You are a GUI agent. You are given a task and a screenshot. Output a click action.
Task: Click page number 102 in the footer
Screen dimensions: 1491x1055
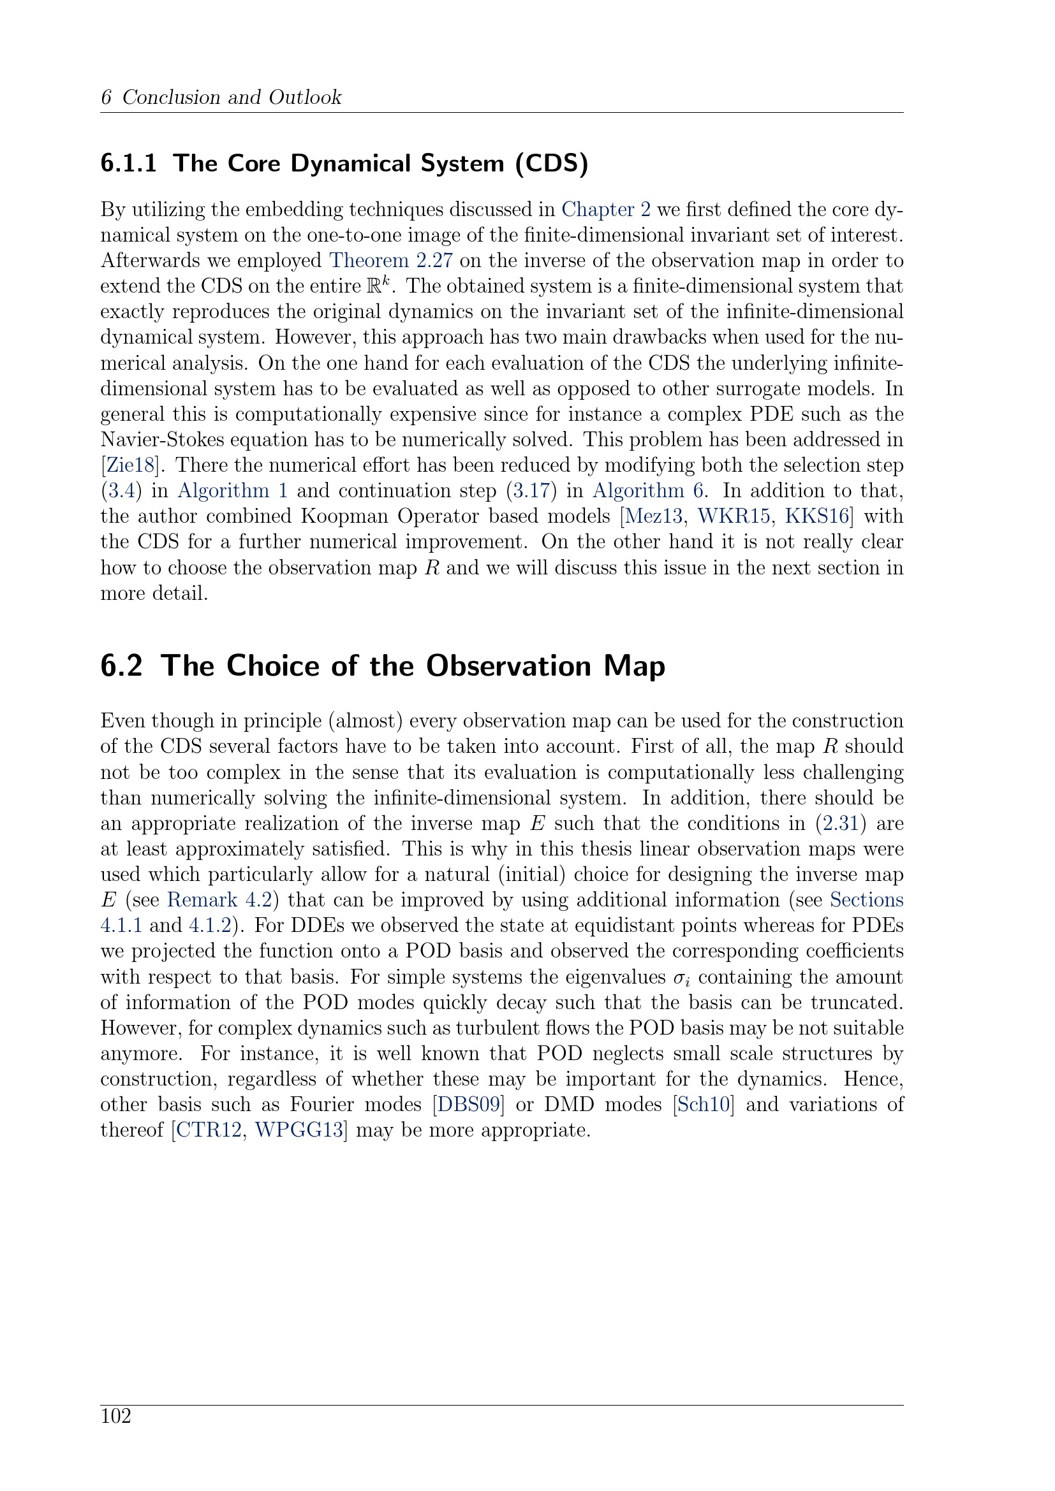pyautogui.click(x=115, y=1416)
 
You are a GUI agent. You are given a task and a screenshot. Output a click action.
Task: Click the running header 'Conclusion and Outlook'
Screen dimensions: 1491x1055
pyautogui.click(x=232, y=98)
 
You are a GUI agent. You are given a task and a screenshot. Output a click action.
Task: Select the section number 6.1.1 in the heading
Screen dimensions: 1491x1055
pyautogui.click(x=129, y=164)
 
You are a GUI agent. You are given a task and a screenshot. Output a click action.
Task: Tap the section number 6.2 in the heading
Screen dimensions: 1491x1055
pyautogui.click(x=121, y=666)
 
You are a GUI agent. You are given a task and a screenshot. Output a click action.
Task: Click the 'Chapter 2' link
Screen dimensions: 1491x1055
pyautogui.click(x=605, y=210)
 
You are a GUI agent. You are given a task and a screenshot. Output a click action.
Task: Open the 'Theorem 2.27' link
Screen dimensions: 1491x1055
pyautogui.click(x=390, y=261)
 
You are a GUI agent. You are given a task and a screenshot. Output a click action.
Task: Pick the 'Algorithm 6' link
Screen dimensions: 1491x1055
pyautogui.click(x=647, y=490)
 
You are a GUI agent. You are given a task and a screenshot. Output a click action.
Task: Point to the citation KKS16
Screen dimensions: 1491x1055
pyautogui.click(x=817, y=516)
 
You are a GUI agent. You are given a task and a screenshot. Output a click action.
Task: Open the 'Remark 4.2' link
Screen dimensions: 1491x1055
pyautogui.click(x=219, y=900)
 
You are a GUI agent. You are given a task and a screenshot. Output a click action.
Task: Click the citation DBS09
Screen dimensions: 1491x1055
pyautogui.click(x=468, y=1105)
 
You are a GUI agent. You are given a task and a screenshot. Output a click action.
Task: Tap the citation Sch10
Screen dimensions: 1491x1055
pyautogui.click(x=704, y=1105)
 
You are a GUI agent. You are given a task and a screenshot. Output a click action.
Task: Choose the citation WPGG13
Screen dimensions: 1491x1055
pyautogui.click(x=298, y=1130)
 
